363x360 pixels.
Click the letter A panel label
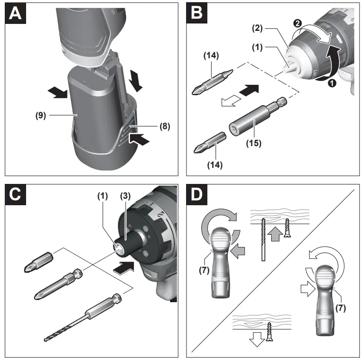click(15, 13)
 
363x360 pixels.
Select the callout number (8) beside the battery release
click(164, 127)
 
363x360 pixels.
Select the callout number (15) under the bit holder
click(254, 143)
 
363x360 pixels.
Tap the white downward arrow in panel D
click(256, 339)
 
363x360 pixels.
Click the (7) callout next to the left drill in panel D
click(203, 270)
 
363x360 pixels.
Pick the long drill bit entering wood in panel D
click(263, 239)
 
